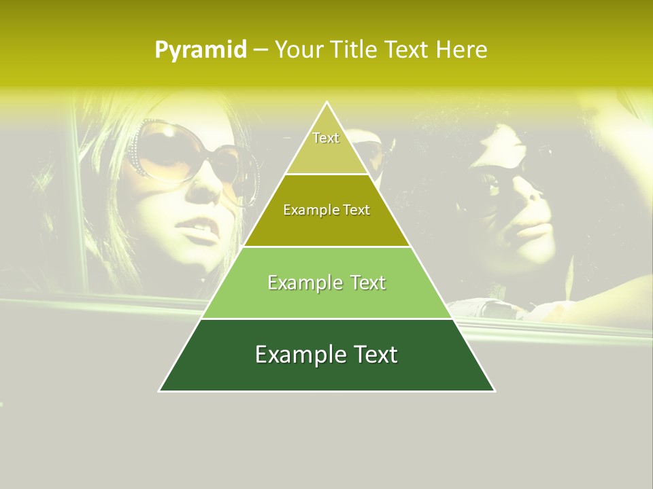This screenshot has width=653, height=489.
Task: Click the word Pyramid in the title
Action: (x=200, y=50)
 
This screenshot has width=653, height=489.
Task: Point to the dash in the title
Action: (x=261, y=50)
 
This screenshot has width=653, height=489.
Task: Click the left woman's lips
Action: (x=202, y=233)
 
